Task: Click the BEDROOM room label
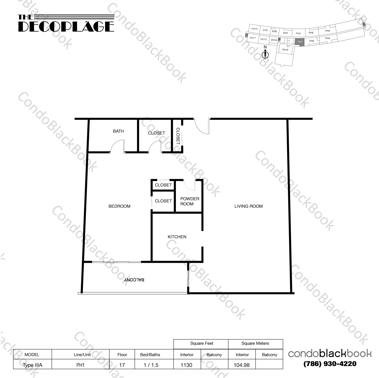click(119, 206)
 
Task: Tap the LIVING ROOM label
click(248, 206)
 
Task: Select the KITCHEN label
click(177, 237)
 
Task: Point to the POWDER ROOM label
click(190, 201)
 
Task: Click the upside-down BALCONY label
click(134, 280)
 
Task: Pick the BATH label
click(118, 131)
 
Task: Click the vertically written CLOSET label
click(178, 136)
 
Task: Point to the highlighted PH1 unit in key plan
click(300, 42)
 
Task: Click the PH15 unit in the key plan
click(285, 50)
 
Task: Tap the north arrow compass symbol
click(265, 54)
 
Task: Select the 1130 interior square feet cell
click(186, 365)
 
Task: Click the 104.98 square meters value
click(241, 365)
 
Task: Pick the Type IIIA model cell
click(32, 365)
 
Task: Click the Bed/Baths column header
click(150, 355)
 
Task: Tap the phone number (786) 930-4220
click(330, 364)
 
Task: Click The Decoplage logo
click(66, 24)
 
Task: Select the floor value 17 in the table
click(122, 365)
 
